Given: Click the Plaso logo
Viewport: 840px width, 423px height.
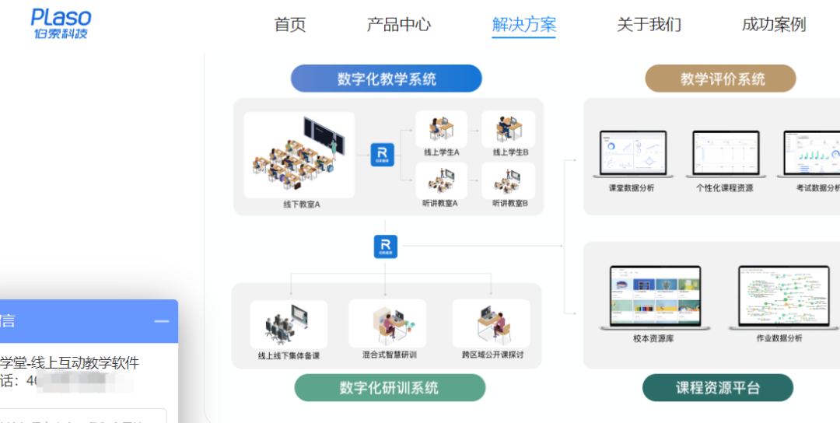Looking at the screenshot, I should pyautogui.click(x=61, y=23).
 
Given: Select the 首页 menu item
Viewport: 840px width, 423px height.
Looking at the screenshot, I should pyautogui.click(x=290, y=24).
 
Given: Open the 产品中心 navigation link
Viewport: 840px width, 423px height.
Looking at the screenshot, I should pyautogui.click(x=398, y=24).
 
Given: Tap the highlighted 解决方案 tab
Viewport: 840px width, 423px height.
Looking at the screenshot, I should pyautogui.click(x=524, y=24).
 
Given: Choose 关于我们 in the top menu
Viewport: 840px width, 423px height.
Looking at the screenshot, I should pyautogui.click(x=649, y=24).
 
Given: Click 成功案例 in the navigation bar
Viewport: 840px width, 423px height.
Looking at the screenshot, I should pyautogui.click(x=773, y=24).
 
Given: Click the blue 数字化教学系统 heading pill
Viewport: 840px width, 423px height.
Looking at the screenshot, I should pyautogui.click(x=387, y=79).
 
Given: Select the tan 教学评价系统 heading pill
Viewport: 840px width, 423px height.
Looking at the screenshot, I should pyautogui.click(x=721, y=79).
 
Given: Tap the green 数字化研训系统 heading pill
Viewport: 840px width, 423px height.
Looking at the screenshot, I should pyautogui.click(x=389, y=387).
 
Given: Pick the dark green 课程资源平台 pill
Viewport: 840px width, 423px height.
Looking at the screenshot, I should pyautogui.click(x=717, y=387).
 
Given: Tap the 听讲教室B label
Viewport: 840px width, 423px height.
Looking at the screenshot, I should pyautogui.click(x=509, y=204).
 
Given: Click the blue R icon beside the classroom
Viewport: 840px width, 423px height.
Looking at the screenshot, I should pyautogui.click(x=382, y=154).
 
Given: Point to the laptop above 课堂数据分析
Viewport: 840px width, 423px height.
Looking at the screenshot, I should pyautogui.click(x=632, y=154).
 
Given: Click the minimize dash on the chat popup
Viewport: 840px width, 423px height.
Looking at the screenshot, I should pyautogui.click(x=161, y=321).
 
